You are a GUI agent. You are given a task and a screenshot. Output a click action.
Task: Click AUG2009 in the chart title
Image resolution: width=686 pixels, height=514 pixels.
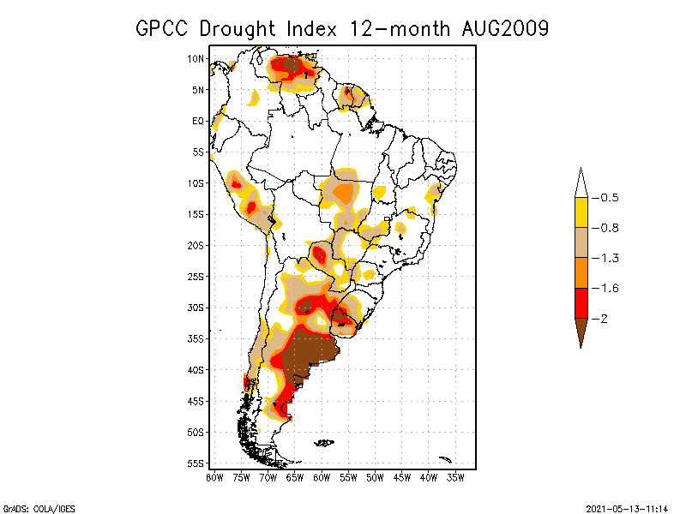[501, 28]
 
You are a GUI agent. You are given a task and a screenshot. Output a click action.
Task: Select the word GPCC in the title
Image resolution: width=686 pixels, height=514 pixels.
[163, 28]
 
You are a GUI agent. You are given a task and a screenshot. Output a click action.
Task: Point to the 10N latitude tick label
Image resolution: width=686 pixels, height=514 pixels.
[196, 58]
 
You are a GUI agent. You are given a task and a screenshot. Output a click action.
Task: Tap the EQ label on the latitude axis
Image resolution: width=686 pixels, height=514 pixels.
[198, 121]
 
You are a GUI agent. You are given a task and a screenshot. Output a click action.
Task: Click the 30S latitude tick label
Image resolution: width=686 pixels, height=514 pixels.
[196, 308]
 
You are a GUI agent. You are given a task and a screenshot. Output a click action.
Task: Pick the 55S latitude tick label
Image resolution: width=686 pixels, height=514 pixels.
[196, 463]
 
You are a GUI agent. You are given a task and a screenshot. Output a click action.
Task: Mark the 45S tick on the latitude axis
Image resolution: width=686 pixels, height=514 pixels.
[196, 401]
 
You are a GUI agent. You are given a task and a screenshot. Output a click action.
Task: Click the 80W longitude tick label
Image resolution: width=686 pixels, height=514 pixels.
[214, 476]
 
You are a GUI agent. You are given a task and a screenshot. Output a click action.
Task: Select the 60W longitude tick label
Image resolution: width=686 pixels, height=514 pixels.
[322, 476]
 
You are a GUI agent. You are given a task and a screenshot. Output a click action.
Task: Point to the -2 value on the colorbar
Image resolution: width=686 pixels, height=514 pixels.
[605, 319]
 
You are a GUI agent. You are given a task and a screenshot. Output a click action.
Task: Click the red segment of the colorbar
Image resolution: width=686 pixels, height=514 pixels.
[581, 303]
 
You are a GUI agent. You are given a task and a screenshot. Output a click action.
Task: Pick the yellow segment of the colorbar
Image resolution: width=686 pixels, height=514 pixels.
[581, 212]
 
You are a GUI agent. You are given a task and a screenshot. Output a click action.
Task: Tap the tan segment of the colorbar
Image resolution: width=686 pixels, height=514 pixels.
[581, 242]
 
